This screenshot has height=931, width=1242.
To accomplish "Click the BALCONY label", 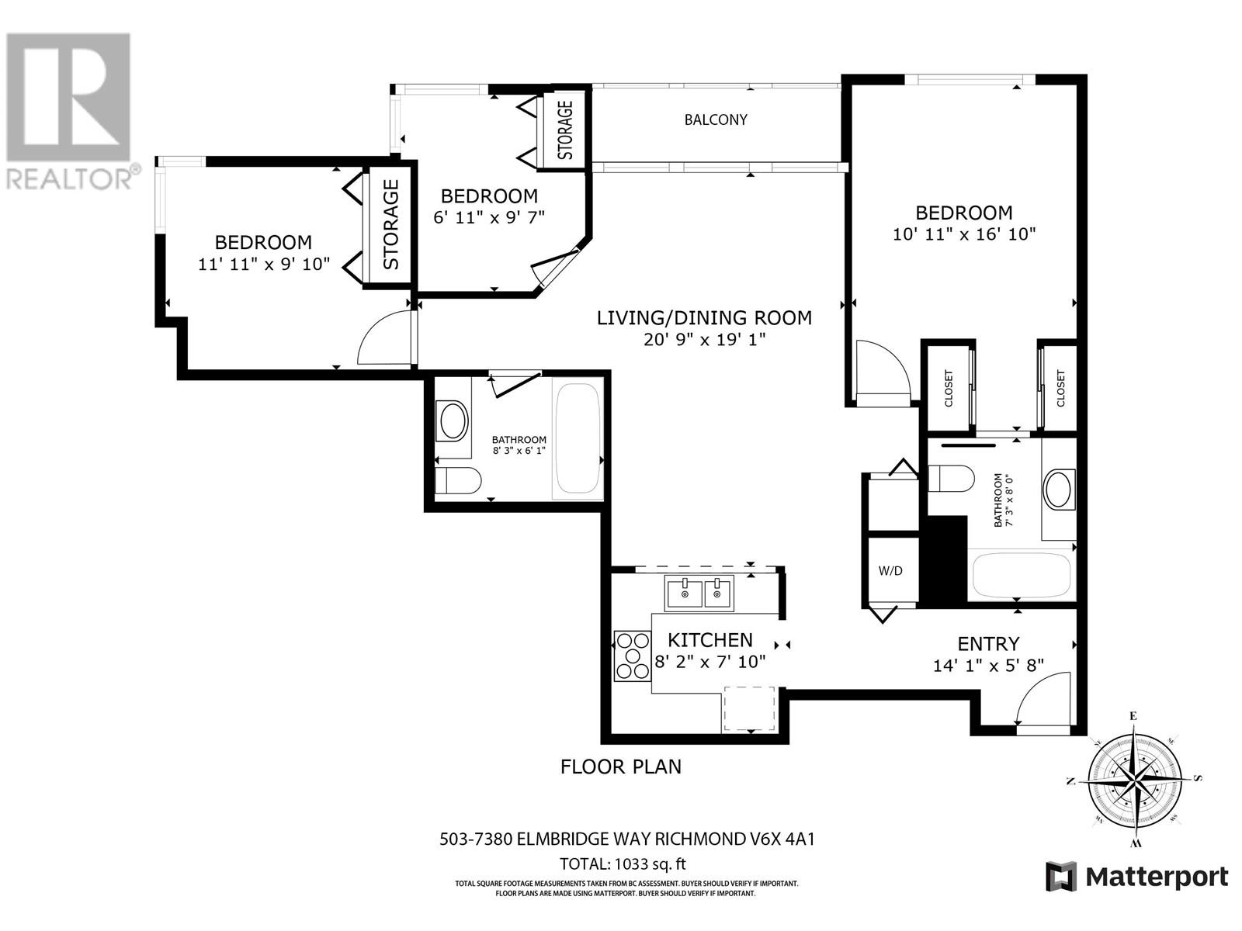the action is point(716,119).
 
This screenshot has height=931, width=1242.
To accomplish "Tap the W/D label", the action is point(890,571).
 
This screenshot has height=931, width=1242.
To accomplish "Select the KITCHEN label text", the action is point(710,641).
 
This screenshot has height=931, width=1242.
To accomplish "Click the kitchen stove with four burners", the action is point(633,656).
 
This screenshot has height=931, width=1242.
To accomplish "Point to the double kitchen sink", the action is point(699,594).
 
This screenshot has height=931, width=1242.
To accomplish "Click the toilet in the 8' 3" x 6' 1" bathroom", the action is point(458,480).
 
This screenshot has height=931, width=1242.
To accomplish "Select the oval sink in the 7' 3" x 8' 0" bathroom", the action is point(1057,490).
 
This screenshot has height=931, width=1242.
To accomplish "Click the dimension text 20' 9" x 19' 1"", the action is point(705,340).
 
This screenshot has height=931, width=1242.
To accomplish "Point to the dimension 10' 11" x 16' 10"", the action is point(964,234).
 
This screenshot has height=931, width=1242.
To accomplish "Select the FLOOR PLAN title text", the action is point(621,767).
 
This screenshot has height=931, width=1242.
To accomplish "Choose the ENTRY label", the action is point(988,644).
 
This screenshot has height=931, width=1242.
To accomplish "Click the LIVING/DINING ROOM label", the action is point(705,318).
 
